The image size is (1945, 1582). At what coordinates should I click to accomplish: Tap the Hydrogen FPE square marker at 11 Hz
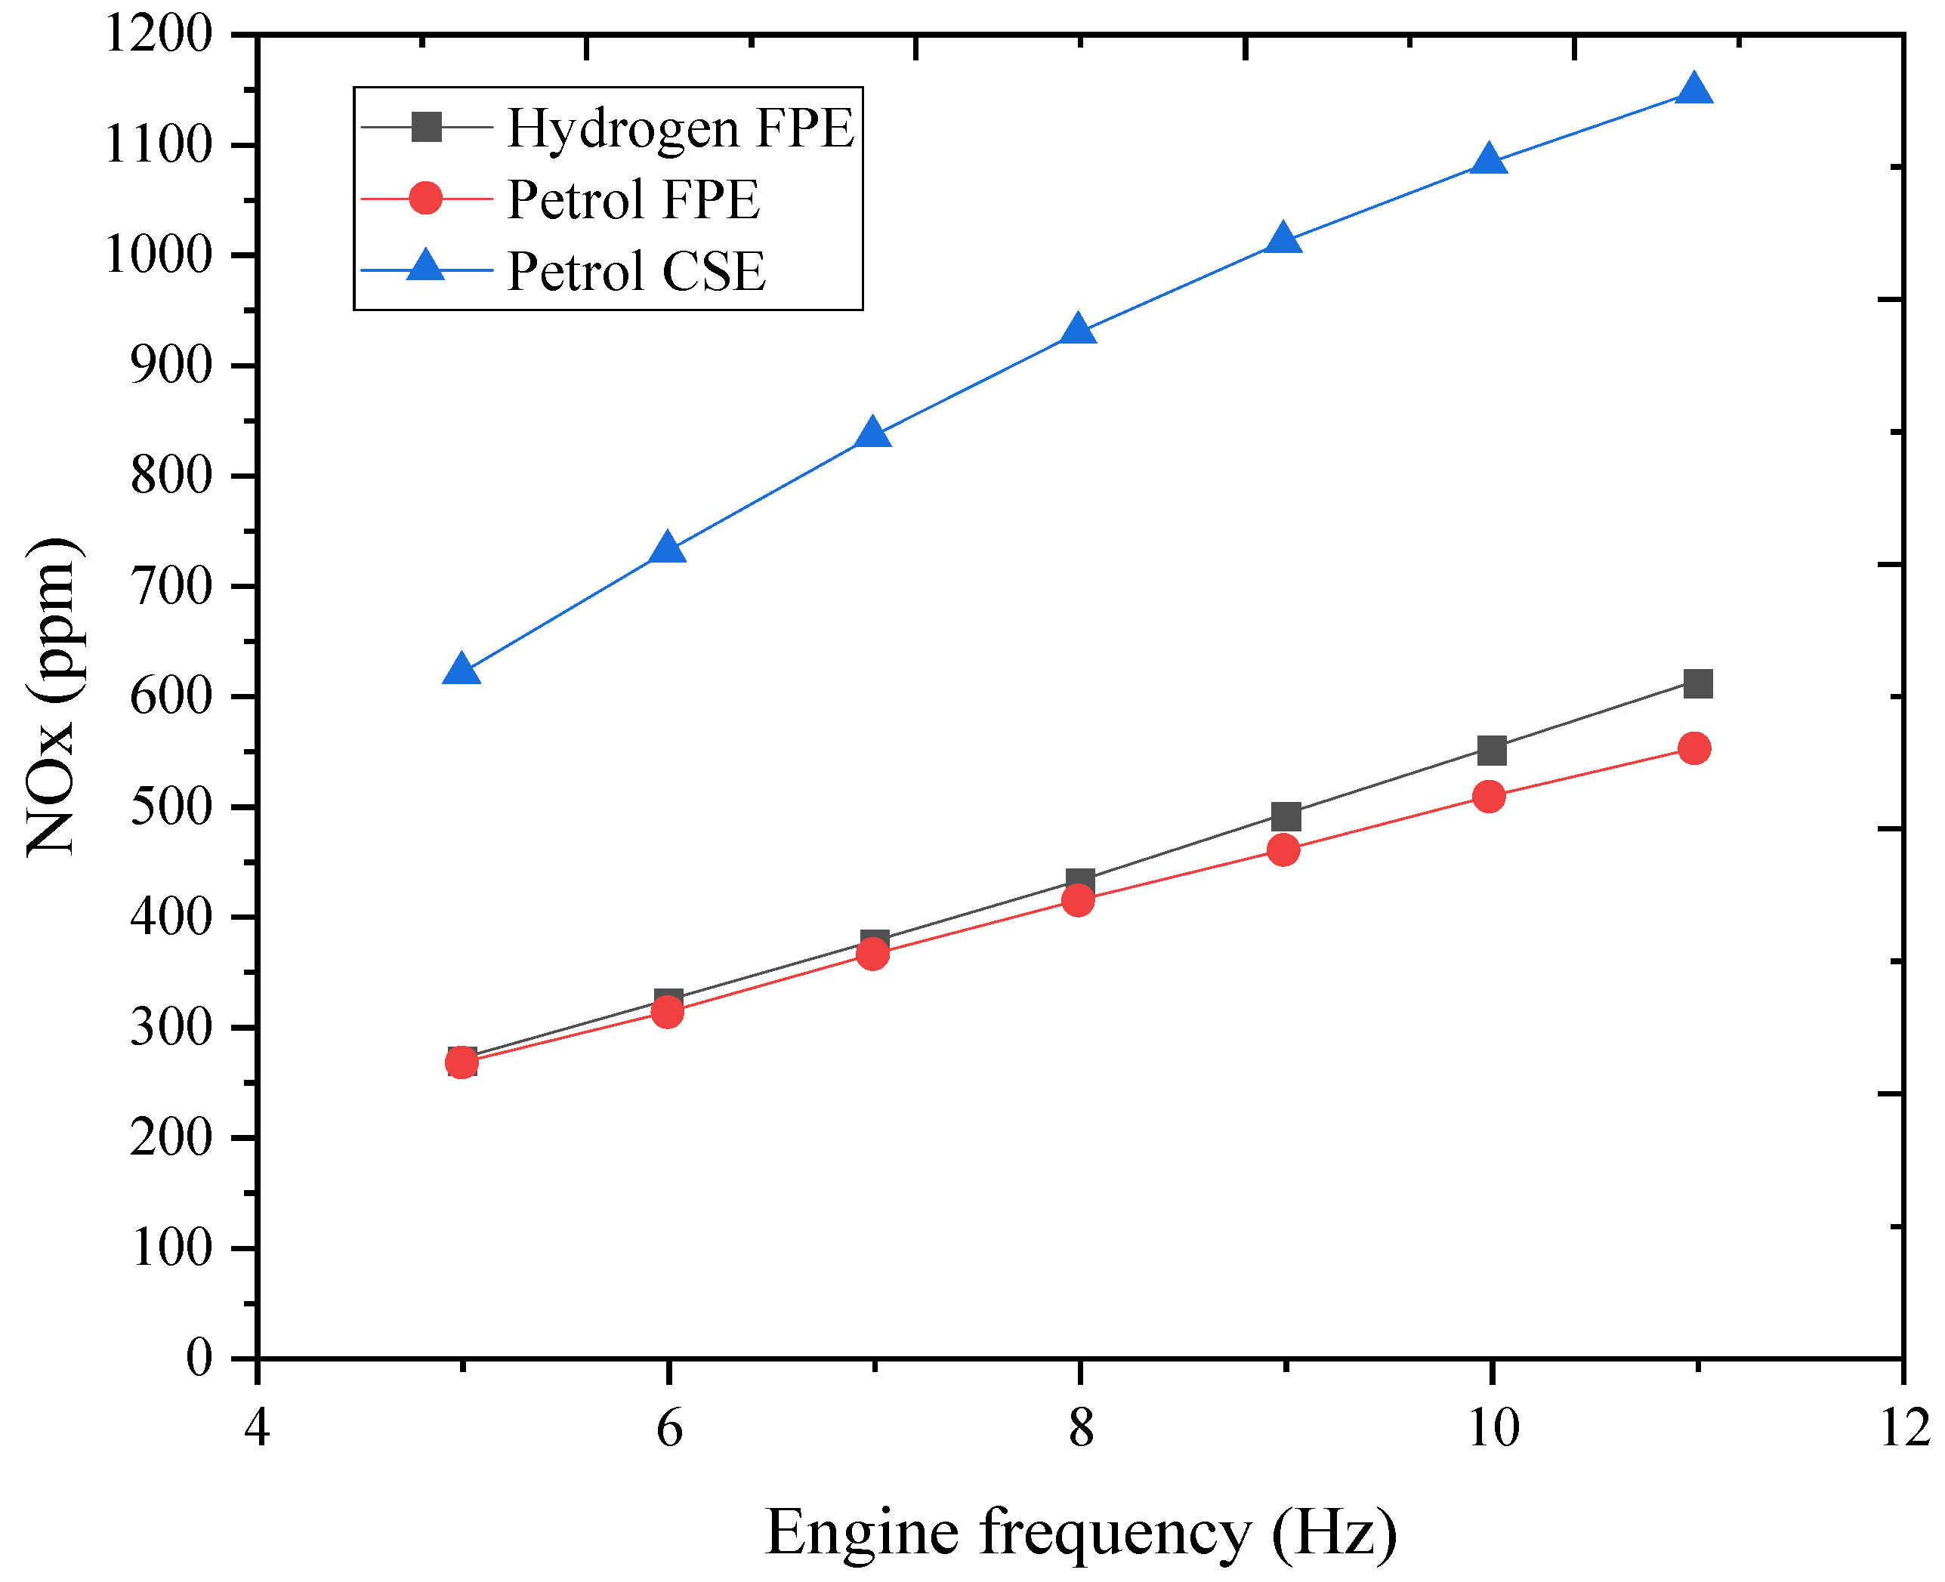click(1697, 683)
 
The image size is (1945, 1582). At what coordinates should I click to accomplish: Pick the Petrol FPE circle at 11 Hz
click(1693, 748)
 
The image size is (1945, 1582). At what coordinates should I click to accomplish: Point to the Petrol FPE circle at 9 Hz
click(1283, 850)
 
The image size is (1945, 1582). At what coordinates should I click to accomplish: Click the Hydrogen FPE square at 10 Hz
click(1491, 751)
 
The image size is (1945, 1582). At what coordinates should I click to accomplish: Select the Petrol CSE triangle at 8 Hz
click(1078, 330)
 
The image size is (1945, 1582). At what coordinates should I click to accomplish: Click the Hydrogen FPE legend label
click(680, 128)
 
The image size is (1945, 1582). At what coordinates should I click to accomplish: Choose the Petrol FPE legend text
click(632, 199)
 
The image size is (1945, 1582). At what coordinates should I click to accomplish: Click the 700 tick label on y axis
click(171, 586)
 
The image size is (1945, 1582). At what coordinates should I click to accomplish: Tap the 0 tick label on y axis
click(199, 1358)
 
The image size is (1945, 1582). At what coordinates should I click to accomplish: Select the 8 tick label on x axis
click(1080, 1428)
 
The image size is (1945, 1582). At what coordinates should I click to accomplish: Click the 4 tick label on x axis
click(257, 1428)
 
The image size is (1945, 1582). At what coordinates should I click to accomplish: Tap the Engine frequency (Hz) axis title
click(1080, 1531)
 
